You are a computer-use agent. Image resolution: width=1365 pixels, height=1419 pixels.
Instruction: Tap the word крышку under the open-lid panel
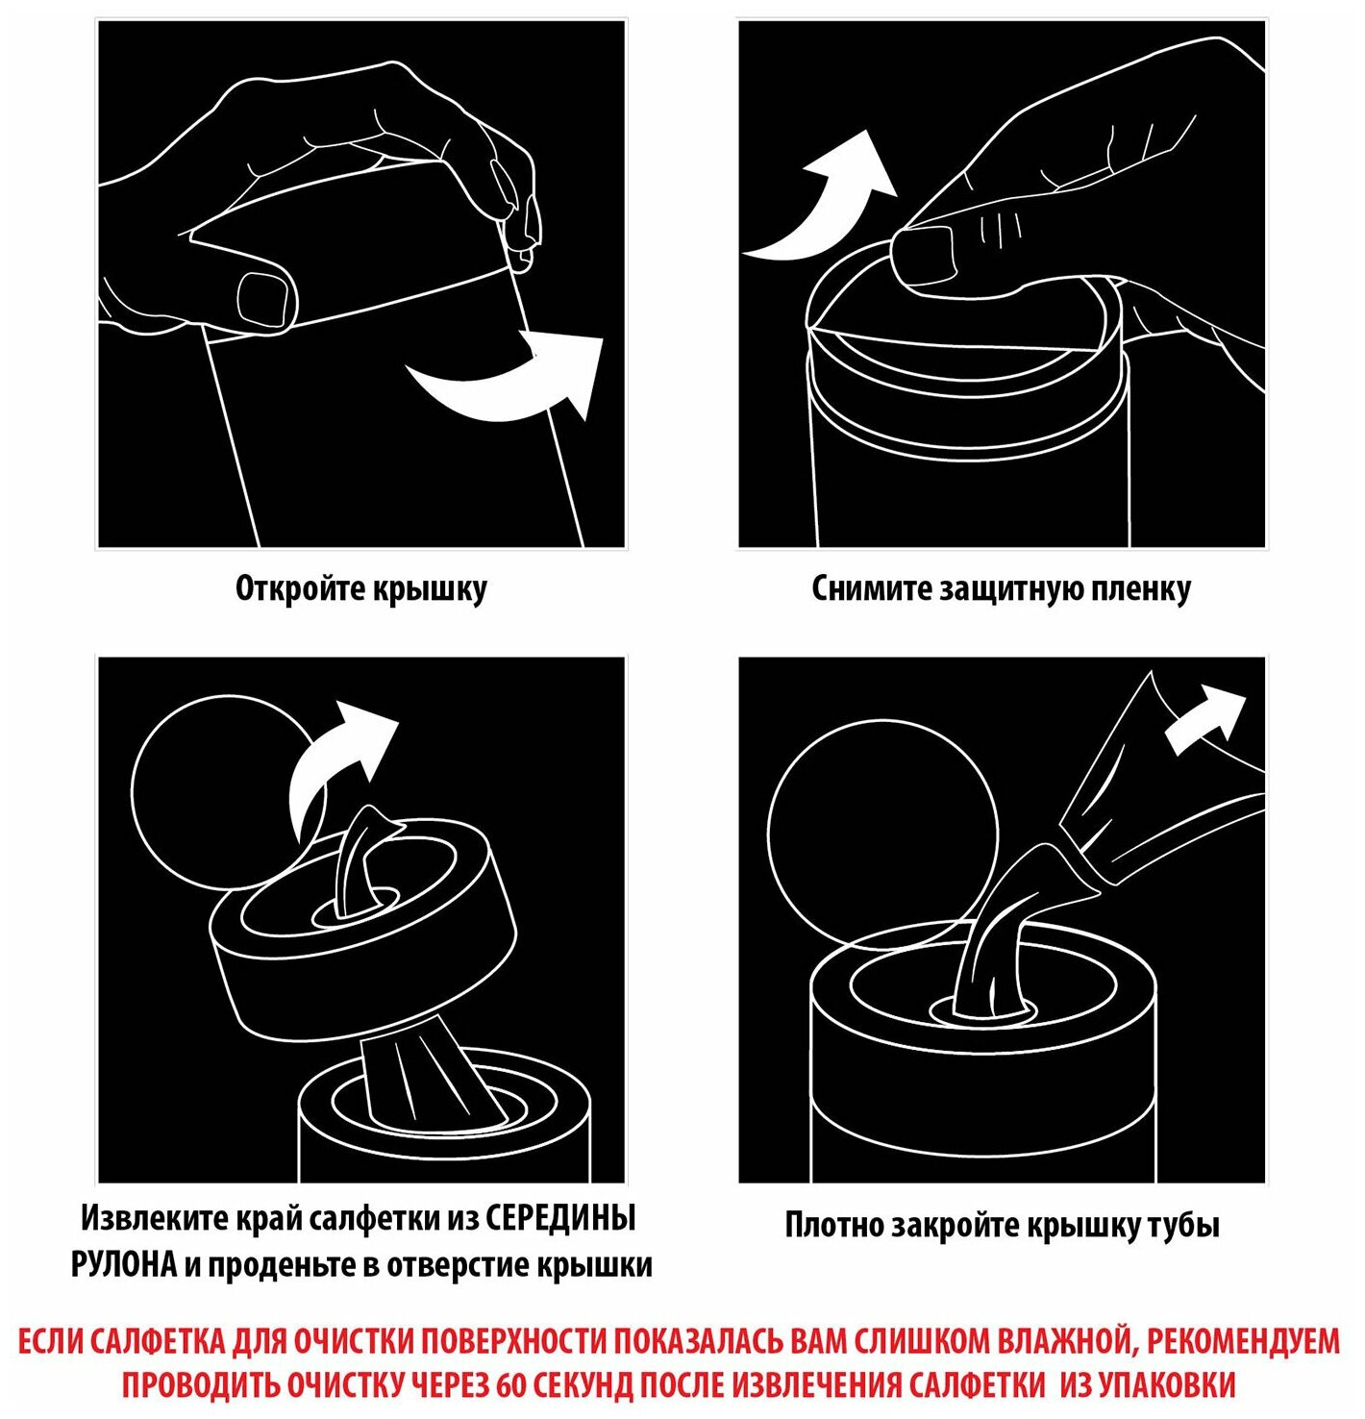429,589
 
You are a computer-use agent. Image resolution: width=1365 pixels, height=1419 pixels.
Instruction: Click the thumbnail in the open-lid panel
267,297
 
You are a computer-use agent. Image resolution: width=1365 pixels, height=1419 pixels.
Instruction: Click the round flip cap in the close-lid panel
883,830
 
